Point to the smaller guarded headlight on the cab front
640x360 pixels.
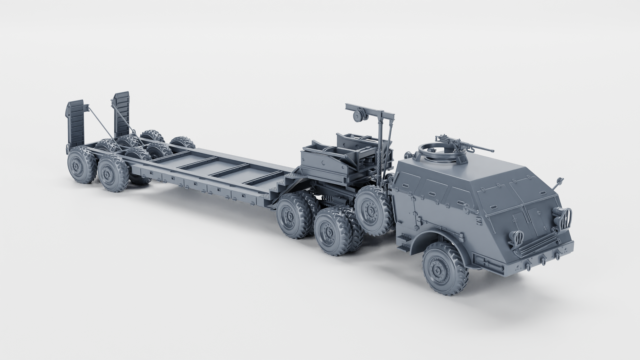pos(516,236)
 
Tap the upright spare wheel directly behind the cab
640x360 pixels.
pos(371,208)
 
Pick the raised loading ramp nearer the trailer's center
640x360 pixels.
pos(121,113)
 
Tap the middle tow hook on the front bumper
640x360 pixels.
pos(543,259)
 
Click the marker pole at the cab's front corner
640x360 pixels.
pos(559,182)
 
